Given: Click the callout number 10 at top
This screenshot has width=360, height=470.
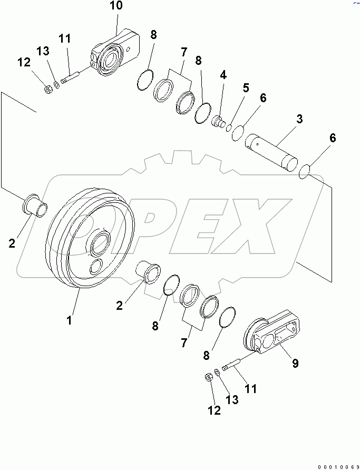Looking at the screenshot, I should (x=116, y=6).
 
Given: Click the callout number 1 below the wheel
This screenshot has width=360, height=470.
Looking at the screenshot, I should (x=70, y=319).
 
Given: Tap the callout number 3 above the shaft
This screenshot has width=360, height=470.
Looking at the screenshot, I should (x=299, y=119).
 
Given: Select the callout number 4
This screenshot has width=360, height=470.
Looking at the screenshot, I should (x=223, y=75).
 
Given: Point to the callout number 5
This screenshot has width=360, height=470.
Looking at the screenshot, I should (x=245, y=88).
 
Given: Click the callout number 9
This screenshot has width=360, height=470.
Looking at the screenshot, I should (x=295, y=363).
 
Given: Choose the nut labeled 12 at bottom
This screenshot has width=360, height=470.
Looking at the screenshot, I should (x=208, y=377).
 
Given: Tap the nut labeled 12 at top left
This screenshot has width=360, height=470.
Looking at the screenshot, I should (x=46, y=89).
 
